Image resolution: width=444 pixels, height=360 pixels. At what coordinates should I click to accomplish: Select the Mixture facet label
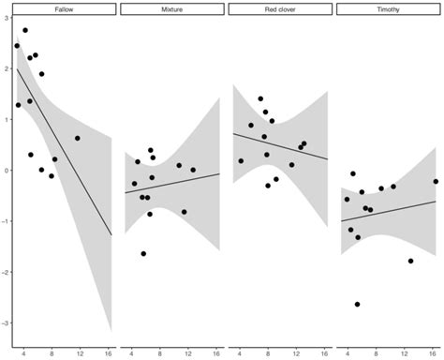click(x=171, y=8)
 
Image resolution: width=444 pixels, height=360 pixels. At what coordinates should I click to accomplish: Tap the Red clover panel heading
click(x=278, y=8)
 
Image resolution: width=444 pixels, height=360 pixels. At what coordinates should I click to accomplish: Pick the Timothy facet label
click(x=385, y=8)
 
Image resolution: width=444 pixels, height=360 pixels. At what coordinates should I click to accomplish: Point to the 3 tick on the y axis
click(x=6, y=18)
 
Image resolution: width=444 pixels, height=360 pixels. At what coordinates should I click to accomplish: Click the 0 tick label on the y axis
click(x=6, y=171)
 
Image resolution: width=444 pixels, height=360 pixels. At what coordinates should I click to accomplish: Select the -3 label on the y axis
click(x=5, y=323)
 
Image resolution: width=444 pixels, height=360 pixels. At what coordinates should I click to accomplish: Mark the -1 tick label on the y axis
click(x=5, y=222)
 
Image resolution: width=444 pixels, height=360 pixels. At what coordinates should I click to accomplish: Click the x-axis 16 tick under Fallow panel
click(x=109, y=352)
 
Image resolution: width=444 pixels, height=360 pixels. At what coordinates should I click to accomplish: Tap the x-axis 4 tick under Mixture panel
click(x=131, y=352)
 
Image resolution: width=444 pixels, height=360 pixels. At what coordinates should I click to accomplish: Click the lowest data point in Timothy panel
click(x=358, y=304)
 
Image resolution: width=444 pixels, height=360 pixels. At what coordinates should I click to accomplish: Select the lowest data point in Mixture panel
click(x=143, y=253)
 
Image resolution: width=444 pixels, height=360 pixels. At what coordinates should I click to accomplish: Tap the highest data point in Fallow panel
click(x=25, y=30)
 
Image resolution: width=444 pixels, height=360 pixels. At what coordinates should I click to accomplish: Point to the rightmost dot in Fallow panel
click(x=78, y=138)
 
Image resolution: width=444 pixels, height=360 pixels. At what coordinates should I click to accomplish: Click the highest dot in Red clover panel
click(x=260, y=98)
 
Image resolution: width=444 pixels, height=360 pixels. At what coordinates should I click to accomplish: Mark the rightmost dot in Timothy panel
click(x=436, y=181)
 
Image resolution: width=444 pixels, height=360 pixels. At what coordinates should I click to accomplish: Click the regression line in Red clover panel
click(x=278, y=146)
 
